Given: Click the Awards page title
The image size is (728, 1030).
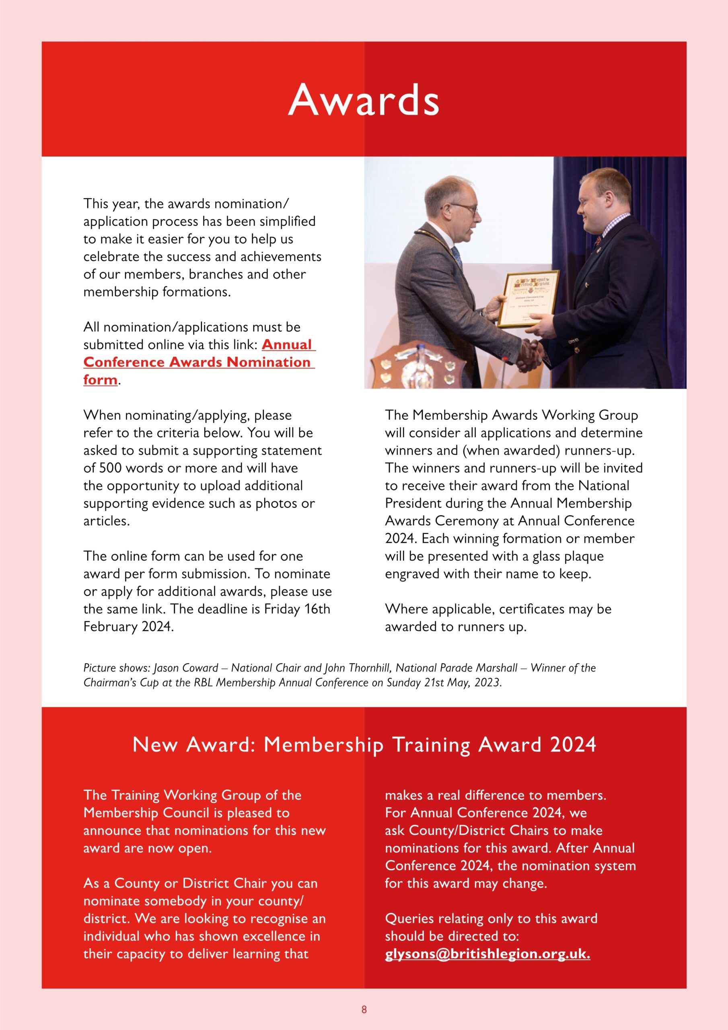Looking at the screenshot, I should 363,100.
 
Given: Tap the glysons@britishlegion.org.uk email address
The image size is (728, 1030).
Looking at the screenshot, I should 487,953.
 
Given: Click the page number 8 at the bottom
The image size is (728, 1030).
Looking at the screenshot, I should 364,1009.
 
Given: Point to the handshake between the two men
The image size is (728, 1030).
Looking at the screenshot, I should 529,354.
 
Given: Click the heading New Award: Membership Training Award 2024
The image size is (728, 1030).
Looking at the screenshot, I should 364,745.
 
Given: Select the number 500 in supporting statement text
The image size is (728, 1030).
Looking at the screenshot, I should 109,468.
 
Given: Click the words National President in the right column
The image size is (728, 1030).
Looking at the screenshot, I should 603,485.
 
